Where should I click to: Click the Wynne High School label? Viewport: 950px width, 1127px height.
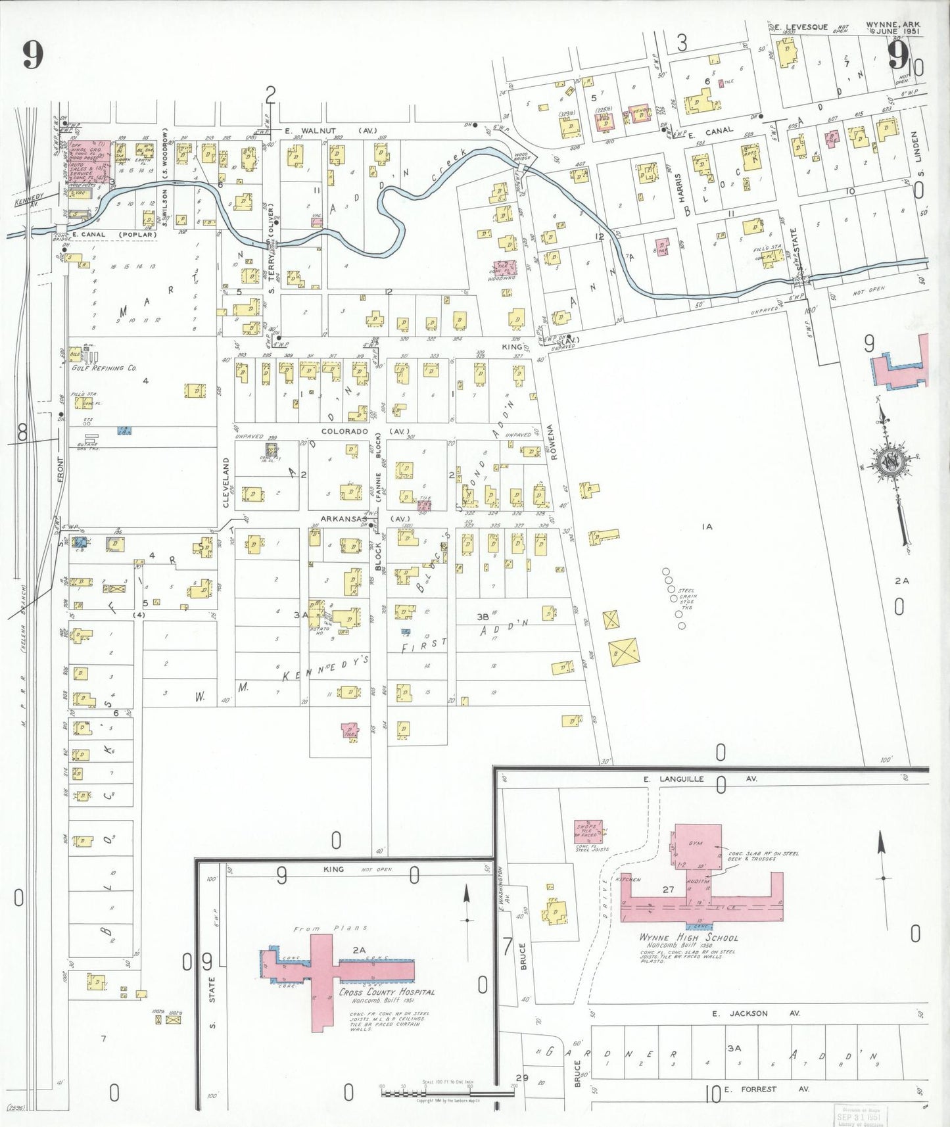(x=688, y=938)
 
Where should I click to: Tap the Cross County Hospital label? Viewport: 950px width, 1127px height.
(x=387, y=992)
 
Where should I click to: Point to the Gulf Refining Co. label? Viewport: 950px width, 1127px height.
(x=104, y=368)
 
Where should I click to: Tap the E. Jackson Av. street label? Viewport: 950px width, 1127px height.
(x=756, y=1013)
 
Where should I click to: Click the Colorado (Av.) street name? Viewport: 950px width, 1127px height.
(x=365, y=431)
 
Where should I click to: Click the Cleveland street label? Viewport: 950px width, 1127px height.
(x=226, y=483)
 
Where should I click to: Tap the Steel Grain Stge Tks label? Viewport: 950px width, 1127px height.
(x=686, y=599)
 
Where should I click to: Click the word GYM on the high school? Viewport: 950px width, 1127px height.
(x=696, y=843)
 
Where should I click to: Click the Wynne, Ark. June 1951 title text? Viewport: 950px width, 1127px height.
(x=893, y=28)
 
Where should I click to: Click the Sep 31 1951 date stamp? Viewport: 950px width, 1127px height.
(x=859, y=1116)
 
